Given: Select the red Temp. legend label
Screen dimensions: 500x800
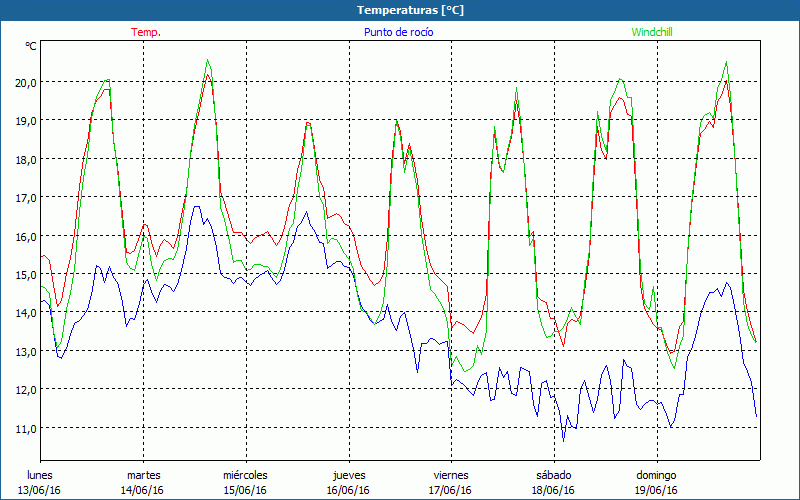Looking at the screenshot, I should point(146,32).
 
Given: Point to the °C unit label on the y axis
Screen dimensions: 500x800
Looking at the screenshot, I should point(31,46).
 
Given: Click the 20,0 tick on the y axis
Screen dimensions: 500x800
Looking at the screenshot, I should point(24,82).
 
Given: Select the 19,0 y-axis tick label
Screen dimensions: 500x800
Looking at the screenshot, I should point(24,120).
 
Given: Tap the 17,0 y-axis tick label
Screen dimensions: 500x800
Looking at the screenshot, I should point(24,197).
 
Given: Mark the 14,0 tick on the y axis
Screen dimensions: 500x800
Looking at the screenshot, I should point(24,312).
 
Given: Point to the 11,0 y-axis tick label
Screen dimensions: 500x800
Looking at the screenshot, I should point(24,428).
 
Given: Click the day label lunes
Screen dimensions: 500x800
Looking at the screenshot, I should point(41,475).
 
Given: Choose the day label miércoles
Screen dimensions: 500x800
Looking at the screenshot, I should point(245,475).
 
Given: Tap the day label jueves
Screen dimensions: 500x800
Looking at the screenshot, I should point(348,475).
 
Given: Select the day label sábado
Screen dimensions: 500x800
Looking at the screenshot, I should point(553,475).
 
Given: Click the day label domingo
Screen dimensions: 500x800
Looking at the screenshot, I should point(656,475).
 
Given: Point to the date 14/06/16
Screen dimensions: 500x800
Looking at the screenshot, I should point(143,490).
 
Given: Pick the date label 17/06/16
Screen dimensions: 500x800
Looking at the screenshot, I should point(451,490).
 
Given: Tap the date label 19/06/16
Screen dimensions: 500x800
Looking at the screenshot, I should point(656,490).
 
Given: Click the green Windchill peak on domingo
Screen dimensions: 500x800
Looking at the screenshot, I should point(725,62).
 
